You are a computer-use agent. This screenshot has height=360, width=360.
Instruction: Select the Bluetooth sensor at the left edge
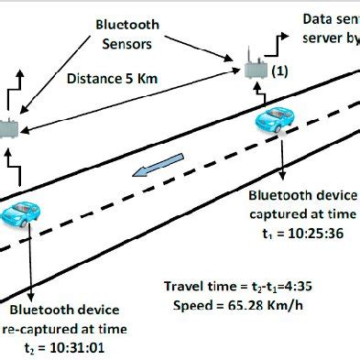tap(9, 128)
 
